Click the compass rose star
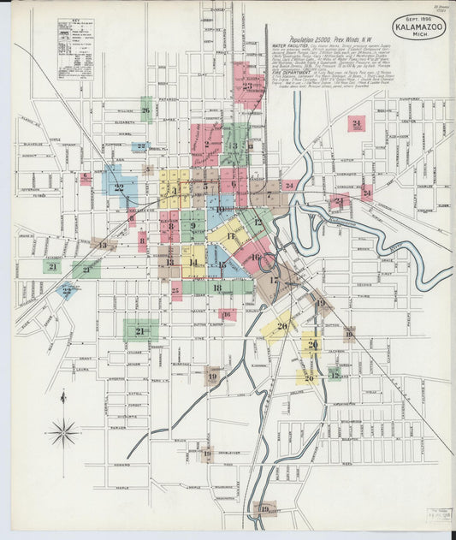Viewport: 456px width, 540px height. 63,433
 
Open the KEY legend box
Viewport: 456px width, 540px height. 75,49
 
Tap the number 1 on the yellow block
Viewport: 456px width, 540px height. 175,190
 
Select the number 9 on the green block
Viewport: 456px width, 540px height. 193,226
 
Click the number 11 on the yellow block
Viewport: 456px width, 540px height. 230,235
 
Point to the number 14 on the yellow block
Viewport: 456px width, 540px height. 193,262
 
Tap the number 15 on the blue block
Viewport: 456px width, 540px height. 222,265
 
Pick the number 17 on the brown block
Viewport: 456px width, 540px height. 274,280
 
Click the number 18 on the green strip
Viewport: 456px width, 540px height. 217,288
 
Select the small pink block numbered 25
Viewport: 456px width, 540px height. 176,292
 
